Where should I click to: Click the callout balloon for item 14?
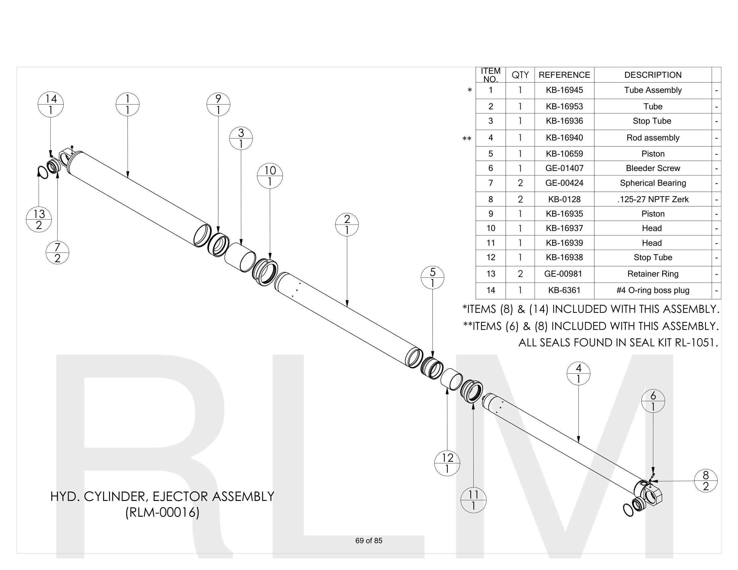tap(51, 104)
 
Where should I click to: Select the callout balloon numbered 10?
tap(270, 176)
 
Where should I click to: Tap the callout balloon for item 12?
tap(447, 463)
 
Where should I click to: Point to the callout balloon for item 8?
tap(705, 481)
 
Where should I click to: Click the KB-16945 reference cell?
tap(564, 91)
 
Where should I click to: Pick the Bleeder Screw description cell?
tap(652, 168)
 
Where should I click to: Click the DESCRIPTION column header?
tap(652, 75)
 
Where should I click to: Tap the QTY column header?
tap(520, 75)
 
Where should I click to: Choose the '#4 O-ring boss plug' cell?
tap(652, 290)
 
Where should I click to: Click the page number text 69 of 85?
tap(369, 540)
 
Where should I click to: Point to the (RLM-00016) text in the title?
tap(162, 513)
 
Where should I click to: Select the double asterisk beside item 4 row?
tap(467, 139)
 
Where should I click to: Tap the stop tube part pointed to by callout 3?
tap(240, 258)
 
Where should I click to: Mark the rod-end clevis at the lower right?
tap(650, 493)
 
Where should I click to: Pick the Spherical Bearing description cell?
tap(652, 183)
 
